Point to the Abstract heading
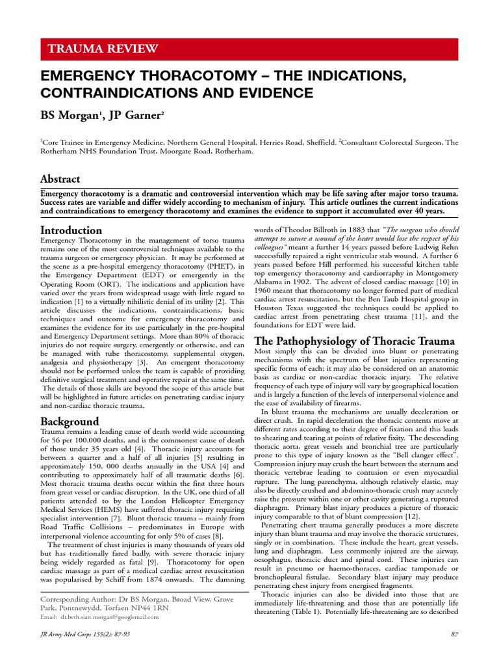(x=60, y=179)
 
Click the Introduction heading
(x=71, y=230)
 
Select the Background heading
(x=70, y=421)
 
